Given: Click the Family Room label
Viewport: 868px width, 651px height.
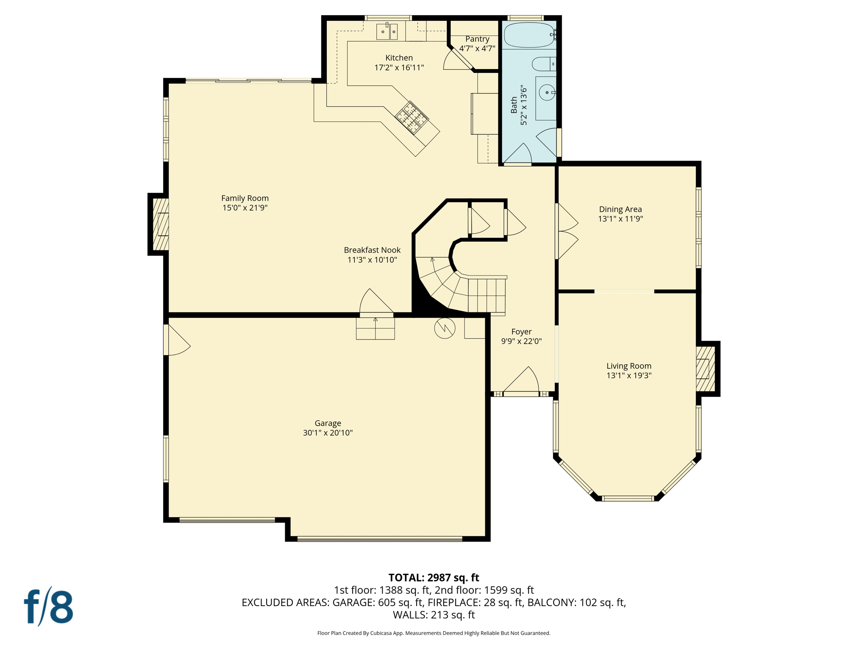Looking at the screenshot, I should (x=245, y=198).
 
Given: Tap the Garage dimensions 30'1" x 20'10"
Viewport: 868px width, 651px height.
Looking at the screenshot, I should (x=328, y=433).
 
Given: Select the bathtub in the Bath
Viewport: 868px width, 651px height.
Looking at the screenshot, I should (x=529, y=35).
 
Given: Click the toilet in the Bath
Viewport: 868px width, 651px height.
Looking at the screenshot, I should (x=542, y=64).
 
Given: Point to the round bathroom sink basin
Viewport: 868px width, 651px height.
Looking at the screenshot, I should (x=547, y=92).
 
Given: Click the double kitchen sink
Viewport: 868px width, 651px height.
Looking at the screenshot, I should (x=387, y=32).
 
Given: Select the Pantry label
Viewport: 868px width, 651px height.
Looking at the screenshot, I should (x=477, y=39).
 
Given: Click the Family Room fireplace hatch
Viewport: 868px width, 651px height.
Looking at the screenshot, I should (x=161, y=224).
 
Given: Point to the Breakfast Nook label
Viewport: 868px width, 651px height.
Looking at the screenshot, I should (x=372, y=250).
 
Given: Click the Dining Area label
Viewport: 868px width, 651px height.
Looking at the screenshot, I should (x=620, y=209).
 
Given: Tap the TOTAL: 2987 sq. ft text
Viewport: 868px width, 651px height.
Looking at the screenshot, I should (x=434, y=578).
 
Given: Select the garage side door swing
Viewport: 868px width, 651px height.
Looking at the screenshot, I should (x=177, y=340).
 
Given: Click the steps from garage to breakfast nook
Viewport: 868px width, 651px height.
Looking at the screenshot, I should (x=375, y=328).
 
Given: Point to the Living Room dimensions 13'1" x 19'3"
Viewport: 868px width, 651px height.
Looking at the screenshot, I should (x=629, y=375).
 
